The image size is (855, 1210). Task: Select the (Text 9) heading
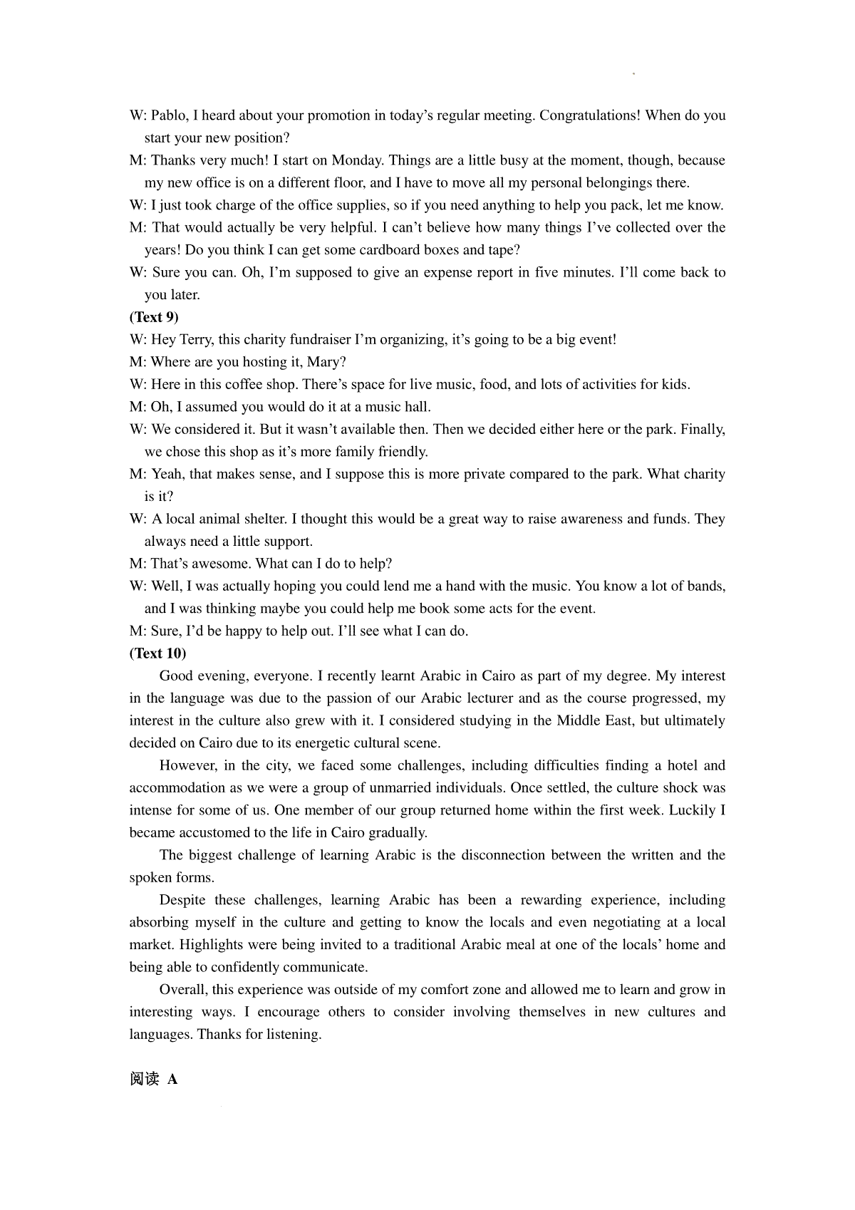point(154,316)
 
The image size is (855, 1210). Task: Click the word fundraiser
point(322,339)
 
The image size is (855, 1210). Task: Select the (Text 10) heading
point(157,653)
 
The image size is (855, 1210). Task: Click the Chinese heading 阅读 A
point(153,1079)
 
